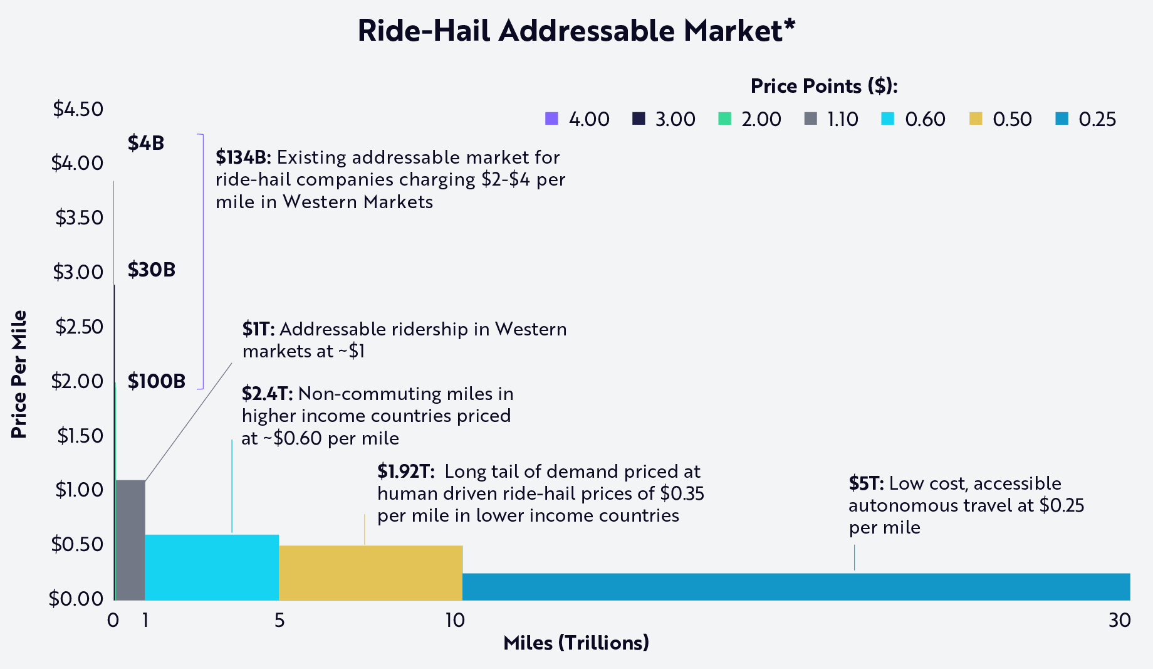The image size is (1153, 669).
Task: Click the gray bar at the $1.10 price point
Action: pyautogui.click(x=130, y=540)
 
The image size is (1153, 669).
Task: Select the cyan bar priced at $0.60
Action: pyautogui.click(x=212, y=567)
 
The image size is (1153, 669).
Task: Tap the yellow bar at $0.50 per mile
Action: pyautogui.click(x=370, y=572)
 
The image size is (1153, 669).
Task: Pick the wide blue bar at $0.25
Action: pyautogui.click(x=796, y=586)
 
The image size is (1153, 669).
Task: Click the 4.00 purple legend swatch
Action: pyautogui.click(x=551, y=119)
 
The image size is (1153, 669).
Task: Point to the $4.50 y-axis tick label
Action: pyautogui.click(x=78, y=109)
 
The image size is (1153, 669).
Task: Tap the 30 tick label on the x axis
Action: pyautogui.click(x=1119, y=620)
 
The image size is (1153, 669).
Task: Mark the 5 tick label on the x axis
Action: pyautogui.click(x=279, y=620)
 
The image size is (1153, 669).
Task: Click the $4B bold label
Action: pyautogui.click(x=146, y=143)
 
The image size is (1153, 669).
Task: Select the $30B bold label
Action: pyautogui.click(x=152, y=270)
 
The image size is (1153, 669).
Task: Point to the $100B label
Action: pyautogui.click(x=157, y=381)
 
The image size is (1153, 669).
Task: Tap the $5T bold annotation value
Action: pyautogui.click(x=866, y=483)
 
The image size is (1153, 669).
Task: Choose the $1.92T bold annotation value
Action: pyautogui.click(x=406, y=471)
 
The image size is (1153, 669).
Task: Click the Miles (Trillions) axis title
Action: pyautogui.click(x=576, y=643)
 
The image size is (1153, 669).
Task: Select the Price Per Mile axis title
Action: pyautogui.click(x=19, y=374)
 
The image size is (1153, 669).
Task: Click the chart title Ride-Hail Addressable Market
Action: pyautogui.click(x=576, y=30)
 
